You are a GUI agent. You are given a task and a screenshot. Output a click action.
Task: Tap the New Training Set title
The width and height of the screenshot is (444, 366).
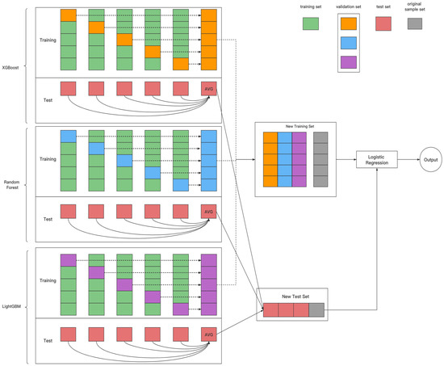coord(295,128)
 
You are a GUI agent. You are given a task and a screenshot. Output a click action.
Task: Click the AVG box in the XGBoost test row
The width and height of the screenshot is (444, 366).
coord(209,87)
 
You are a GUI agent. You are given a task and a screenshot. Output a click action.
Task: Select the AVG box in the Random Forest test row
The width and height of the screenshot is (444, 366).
coord(209,212)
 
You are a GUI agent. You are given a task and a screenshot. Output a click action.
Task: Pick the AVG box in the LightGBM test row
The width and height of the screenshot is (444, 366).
coord(209,334)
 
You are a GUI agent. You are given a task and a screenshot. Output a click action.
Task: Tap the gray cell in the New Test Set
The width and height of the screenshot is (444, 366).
coord(316,309)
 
